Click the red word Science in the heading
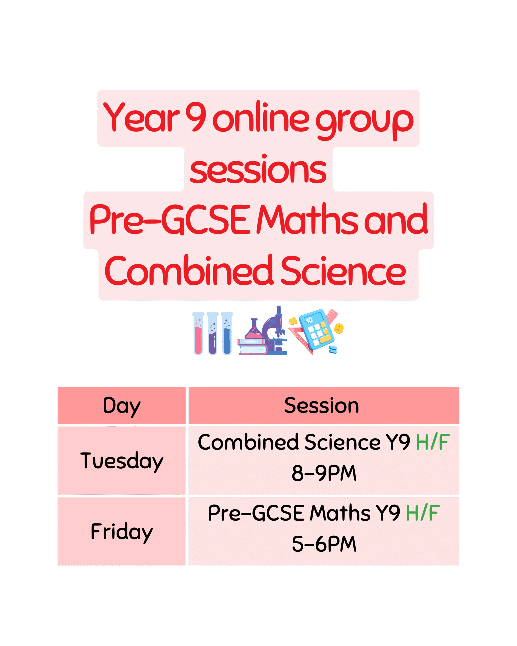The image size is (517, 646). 343,270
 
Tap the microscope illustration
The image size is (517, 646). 274,331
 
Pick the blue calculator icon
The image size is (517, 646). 317,330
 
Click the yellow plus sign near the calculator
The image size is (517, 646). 293,321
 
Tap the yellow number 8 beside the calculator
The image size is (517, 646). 339,328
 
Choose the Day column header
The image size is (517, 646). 122,406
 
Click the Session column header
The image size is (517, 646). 324,406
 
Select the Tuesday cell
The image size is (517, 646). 122,461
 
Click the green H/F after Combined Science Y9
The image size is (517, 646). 433,442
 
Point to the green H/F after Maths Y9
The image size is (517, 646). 423,513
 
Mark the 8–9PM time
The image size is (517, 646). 324,473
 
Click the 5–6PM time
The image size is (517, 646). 324,544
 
